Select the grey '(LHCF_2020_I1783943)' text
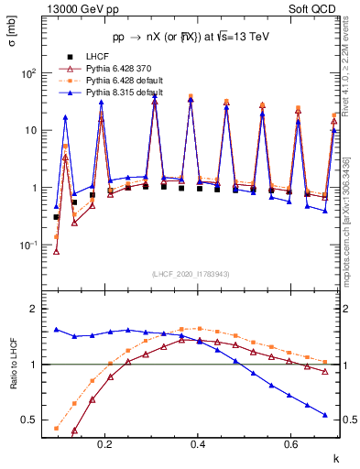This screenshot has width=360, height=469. (x=191, y=274)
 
